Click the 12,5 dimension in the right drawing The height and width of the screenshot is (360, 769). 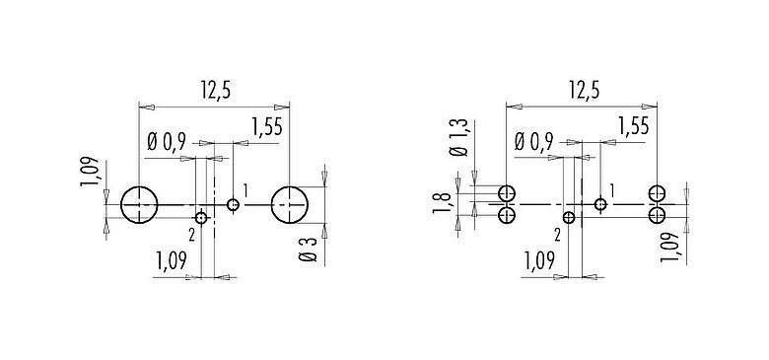584,92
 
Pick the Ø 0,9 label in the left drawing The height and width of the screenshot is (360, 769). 166,142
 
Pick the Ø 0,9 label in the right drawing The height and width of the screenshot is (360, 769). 532,142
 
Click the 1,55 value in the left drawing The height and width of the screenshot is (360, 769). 268,126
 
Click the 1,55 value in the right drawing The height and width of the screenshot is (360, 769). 634,126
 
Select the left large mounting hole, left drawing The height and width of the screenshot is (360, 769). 140,205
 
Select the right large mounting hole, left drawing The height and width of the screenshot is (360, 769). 289,205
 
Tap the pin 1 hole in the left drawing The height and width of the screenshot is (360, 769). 233,205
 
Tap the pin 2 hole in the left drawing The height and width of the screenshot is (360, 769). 201,218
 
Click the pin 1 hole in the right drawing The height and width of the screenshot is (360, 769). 600,205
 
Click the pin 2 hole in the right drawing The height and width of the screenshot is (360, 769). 569,218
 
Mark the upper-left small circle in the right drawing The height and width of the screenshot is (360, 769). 507,193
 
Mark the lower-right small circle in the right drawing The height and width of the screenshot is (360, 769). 657,214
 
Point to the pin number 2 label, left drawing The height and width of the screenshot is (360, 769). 189,234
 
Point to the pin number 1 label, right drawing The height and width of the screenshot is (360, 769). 612,189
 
